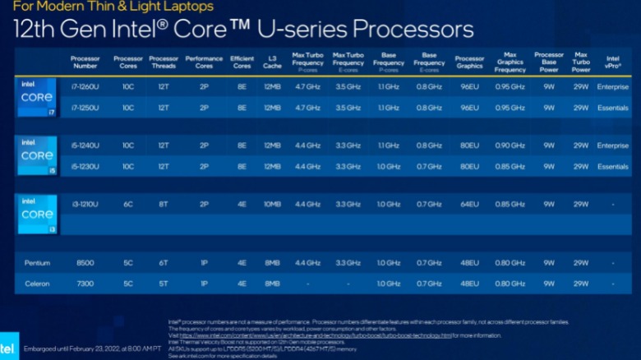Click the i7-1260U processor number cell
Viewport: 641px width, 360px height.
point(85,86)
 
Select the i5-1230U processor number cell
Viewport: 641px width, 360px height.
point(85,166)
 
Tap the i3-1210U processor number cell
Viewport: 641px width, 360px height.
point(85,204)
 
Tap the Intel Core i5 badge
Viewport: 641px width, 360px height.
point(37,156)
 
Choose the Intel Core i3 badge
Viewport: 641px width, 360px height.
point(37,214)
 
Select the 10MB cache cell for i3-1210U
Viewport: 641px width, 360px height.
point(272,204)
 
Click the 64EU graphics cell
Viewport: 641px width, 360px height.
point(469,204)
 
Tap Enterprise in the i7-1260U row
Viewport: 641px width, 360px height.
point(612,86)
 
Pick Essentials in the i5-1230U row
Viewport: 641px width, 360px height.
point(612,166)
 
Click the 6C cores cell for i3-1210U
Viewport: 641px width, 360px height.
point(128,204)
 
